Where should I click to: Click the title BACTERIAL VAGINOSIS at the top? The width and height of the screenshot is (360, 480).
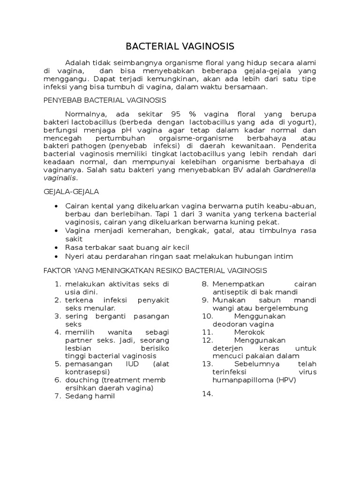point(180,46)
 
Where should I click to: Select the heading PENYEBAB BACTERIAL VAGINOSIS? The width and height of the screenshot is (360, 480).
point(105,100)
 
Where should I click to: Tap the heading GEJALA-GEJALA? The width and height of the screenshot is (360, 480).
point(71,192)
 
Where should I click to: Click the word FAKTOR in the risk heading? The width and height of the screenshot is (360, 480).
point(57,270)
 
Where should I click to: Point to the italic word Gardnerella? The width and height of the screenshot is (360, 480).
point(295,170)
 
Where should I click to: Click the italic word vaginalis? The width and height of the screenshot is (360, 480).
point(59,178)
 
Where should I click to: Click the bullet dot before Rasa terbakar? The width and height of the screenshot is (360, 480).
point(57,247)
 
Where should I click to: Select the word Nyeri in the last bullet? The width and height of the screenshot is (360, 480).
point(75,256)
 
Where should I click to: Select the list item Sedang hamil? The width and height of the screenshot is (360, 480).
point(90,396)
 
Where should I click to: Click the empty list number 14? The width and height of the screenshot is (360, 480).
point(208,394)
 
